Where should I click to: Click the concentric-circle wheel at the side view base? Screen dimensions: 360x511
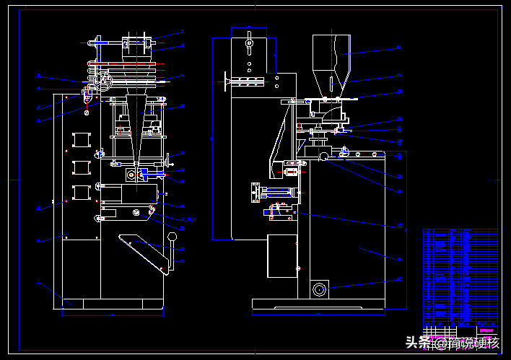point(318,289)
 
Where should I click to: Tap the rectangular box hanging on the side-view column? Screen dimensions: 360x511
point(281,255)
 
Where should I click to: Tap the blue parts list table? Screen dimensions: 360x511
point(460,278)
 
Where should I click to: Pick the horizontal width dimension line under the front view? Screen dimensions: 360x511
point(113,314)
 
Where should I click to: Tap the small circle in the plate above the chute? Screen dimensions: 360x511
point(136,211)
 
